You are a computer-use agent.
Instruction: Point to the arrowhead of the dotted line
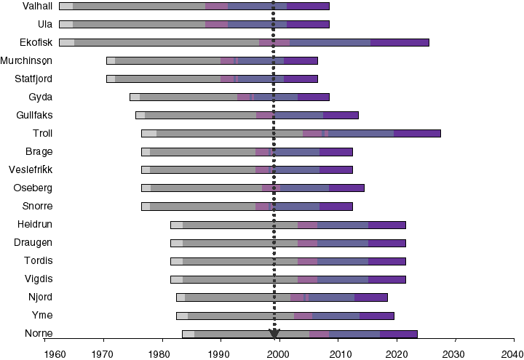(x=274, y=334)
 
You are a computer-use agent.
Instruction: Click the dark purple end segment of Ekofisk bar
(x=400, y=42)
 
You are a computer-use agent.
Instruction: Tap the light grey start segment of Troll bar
(x=148, y=133)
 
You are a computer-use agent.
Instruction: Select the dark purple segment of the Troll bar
(x=417, y=133)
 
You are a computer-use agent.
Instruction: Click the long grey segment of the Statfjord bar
(x=167, y=79)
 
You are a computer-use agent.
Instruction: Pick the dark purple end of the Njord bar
(x=371, y=297)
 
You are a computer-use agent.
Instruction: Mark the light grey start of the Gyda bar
(x=135, y=97)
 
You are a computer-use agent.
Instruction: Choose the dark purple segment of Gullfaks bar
(x=341, y=115)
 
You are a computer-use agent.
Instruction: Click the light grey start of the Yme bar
(x=182, y=316)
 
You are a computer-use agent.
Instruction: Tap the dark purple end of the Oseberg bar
(x=346, y=188)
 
